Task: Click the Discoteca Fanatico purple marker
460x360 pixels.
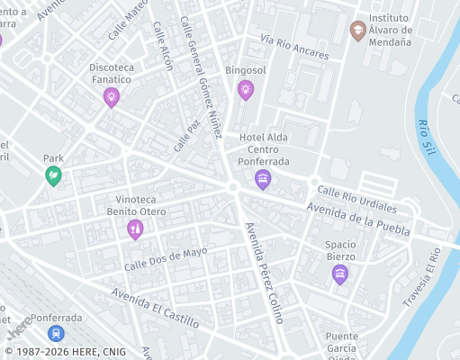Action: [112, 96]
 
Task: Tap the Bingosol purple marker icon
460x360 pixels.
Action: [245, 89]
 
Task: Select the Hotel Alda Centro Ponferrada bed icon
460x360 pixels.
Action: [263, 179]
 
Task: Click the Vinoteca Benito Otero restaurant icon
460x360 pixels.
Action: [135, 229]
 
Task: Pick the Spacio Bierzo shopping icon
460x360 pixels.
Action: [339, 274]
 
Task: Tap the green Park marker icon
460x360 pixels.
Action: [54, 175]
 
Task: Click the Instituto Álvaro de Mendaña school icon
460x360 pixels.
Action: [357, 30]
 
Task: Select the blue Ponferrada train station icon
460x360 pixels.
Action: [57, 333]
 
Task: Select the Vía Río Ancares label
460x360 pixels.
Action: [294, 48]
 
